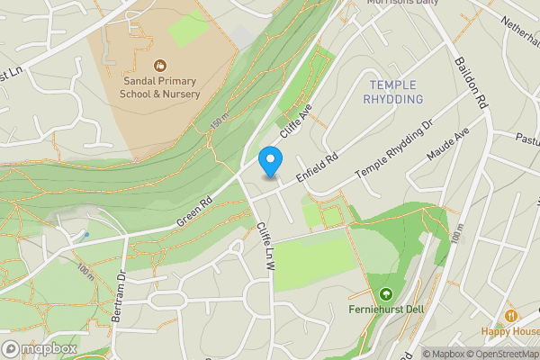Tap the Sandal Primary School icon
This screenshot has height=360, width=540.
[160, 65]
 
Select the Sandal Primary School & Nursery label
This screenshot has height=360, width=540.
[160, 86]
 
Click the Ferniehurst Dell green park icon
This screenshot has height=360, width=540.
[386, 293]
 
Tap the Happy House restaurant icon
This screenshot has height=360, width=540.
[511, 316]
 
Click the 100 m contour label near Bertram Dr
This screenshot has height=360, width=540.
[85, 268]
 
